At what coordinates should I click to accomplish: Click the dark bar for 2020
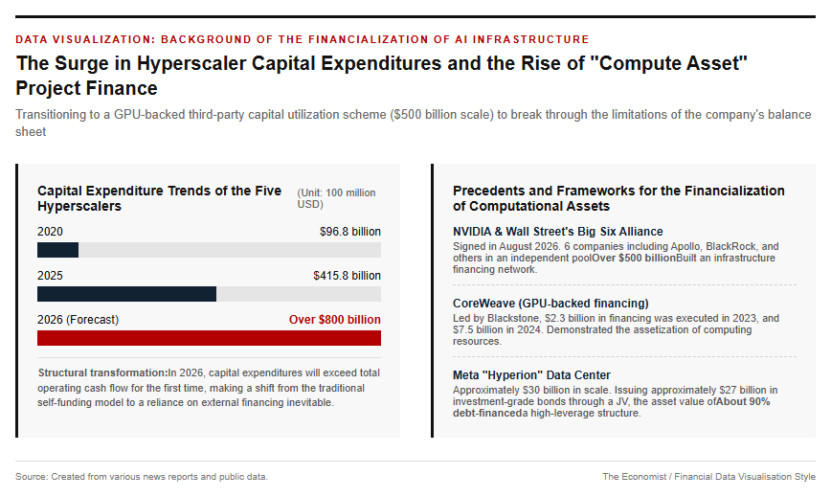(57, 250)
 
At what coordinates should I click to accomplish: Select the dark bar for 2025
(126, 294)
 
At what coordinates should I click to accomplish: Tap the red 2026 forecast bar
(209, 337)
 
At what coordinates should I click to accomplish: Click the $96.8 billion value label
(349, 232)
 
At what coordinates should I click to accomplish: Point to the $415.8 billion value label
(347, 276)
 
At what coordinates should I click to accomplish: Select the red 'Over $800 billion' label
(334, 320)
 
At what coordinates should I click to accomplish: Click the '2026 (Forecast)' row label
(78, 320)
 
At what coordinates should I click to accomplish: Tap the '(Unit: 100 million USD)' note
(336, 198)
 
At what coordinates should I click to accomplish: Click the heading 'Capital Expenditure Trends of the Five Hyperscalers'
(159, 198)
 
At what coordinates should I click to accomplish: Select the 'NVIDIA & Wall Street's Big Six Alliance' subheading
(557, 232)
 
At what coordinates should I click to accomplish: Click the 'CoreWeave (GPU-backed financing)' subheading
(550, 303)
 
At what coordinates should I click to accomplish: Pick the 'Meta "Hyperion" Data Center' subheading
(531, 375)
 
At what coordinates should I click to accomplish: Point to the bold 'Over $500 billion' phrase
(634, 258)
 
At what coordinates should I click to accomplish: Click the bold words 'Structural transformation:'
(102, 373)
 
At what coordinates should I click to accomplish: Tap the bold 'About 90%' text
(743, 401)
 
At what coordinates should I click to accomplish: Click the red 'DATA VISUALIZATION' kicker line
(303, 39)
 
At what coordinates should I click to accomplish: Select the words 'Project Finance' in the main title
(86, 88)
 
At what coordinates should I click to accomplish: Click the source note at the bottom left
(142, 476)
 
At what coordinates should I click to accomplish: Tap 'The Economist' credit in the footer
(635, 476)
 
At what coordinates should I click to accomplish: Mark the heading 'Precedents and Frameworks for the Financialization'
(618, 191)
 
